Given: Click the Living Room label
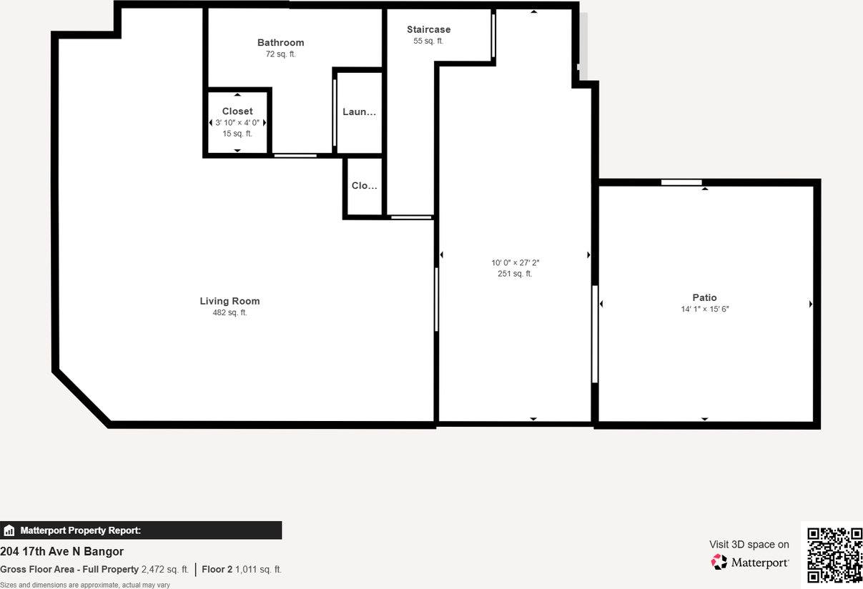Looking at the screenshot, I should point(230,301).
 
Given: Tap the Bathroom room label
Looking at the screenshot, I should point(280,43).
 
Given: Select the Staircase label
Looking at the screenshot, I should point(428,29).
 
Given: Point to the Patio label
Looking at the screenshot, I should point(704,297).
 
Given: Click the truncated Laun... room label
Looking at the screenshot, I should point(359,112).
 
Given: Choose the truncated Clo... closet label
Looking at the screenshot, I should point(364,186).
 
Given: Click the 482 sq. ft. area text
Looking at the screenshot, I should point(230,312).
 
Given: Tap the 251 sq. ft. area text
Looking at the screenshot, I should point(515,274).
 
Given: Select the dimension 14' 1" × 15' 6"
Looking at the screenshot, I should point(704,309).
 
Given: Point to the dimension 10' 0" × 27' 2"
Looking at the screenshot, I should point(515,262).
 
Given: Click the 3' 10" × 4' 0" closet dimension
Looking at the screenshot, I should point(237,122).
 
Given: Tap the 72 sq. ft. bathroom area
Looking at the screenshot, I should point(280,54).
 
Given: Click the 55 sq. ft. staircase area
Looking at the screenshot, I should point(428,41).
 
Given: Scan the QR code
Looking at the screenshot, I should point(834,555).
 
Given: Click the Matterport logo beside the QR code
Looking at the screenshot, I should point(751,563).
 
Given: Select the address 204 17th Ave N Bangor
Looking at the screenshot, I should point(62,551).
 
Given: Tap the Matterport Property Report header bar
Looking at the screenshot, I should point(141,530).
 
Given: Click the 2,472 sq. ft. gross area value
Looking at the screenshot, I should point(165,570).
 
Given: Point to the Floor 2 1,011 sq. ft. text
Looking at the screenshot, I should point(242,570).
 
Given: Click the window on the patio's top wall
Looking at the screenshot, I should point(681,182).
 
